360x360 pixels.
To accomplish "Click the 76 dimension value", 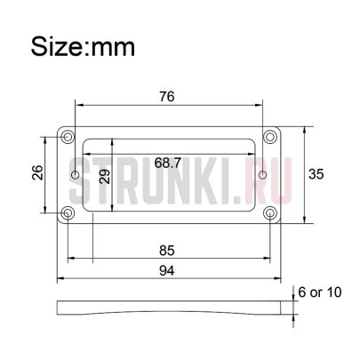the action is pyautogui.click(x=167, y=97).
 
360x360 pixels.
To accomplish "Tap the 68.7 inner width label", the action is pyautogui.click(x=168, y=163).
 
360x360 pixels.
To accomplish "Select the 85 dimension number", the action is pyautogui.click(x=167, y=251).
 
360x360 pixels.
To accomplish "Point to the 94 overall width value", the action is pyautogui.click(x=167, y=270).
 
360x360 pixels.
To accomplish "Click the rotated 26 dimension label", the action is pyautogui.click(x=37, y=172).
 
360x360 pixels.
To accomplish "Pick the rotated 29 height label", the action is pyautogui.click(x=104, y=177).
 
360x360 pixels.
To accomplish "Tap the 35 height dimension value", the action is pyautogui.click(x=316, y=174).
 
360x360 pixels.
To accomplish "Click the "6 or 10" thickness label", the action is pyautogui.click(x=320, y=292).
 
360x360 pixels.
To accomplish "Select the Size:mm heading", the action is pyautogui.click(x=83, y=46).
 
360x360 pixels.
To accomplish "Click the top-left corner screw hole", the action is pyautogui.click(x=68, y=137).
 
